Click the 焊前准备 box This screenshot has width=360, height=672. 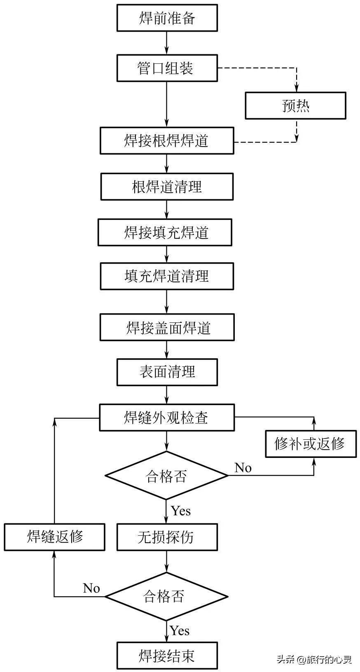tap(167, 18)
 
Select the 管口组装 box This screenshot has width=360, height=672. tap(167, 68)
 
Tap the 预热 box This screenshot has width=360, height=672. tap(295, 106)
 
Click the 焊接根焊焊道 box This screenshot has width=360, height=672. tap(167, 141)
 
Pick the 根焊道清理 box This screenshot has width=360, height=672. tap(167, 187)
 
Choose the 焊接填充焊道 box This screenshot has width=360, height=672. tap(165, 232)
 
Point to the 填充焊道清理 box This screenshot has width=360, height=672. tap(167, 276)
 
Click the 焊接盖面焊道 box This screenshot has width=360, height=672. tap(167, 327)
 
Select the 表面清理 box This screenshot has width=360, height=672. tap(167, 372)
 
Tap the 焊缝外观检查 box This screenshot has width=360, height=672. tap(167, 418)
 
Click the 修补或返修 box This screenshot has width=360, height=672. tap(310, 443)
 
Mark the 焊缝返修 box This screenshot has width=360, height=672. tap(54, 537)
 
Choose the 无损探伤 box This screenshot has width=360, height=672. tap(167, 537)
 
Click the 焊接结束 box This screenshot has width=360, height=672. tap(167, 656)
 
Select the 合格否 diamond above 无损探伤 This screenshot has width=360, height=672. tap(166, 476)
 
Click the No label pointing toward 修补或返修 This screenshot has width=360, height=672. tap(243, 468)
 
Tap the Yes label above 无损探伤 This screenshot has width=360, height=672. tap(181, 511)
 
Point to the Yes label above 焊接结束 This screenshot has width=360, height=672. tap(180, 630)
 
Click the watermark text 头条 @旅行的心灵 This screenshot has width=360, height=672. tap(314, 660)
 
